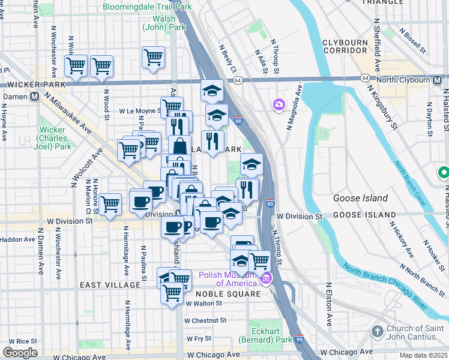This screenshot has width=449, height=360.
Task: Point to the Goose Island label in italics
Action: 358,198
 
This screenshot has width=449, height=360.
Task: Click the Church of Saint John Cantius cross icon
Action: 377,331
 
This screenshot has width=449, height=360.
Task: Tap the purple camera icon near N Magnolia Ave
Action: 279,105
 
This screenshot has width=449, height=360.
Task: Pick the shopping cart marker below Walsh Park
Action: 154,58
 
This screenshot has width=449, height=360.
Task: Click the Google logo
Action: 20,353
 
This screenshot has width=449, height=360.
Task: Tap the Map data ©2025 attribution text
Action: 422,355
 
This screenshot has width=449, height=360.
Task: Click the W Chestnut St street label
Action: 206,320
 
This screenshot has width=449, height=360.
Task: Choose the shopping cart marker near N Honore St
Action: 110,205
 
